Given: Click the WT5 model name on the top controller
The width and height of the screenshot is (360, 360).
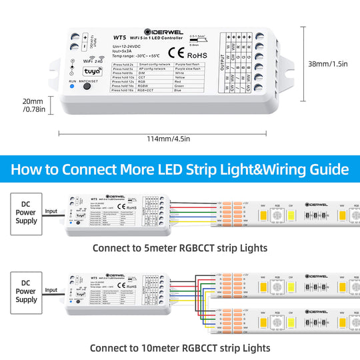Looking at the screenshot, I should coord(120,37).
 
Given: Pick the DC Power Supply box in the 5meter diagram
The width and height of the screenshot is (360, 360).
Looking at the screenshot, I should coord(26,212).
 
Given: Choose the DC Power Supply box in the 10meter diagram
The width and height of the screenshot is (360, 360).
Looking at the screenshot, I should coord(26,291).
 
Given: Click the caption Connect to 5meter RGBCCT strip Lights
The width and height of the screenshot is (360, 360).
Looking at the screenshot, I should coord(180,248).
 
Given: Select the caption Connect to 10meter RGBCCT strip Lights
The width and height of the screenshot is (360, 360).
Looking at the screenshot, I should coord(180,347).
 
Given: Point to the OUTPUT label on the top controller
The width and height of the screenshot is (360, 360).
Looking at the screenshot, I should coord(223,65).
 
